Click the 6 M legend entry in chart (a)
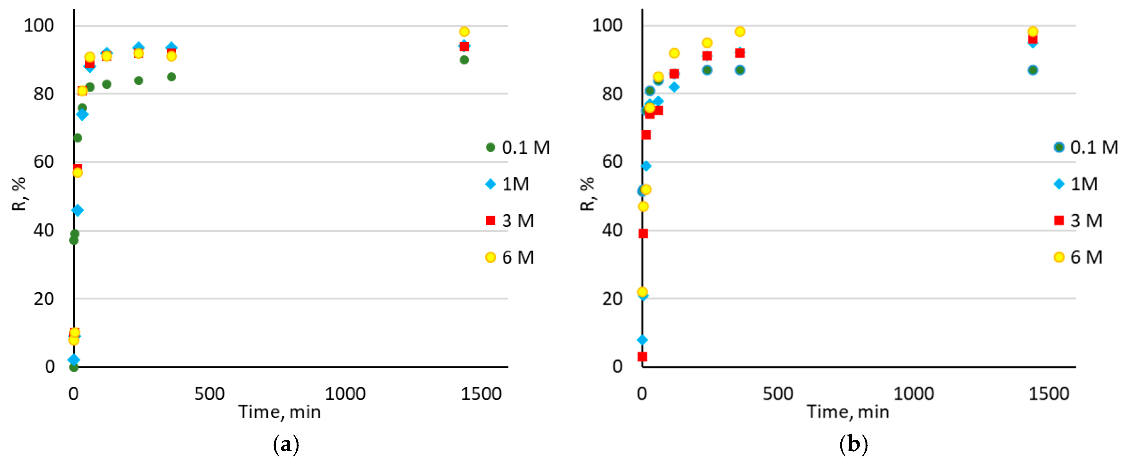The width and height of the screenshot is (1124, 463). click(x=510, y=257)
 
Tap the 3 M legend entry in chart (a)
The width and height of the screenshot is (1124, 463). click(x=510, y=221)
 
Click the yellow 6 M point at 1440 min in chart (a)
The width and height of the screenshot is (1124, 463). click(x=464, y=32)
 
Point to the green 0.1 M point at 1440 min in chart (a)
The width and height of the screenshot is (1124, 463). click(x=464, y=60)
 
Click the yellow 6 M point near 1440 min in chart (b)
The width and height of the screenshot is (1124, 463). click(x=1032, y=32)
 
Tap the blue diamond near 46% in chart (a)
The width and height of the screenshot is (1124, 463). click(x=78, y=211)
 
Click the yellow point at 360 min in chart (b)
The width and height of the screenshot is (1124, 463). click(x=740, y=32)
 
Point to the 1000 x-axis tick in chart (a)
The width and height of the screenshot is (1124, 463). click(x=345, y=394)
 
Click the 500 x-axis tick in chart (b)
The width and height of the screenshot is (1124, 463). click(x=778, y=394)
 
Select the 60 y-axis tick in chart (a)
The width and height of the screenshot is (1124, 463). click(x=43, y=162)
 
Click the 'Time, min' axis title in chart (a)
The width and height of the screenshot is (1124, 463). click(x=279, y=412)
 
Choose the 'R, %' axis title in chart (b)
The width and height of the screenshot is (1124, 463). click(x=587, y=194)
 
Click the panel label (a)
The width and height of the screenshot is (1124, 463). click(x=286, y=445)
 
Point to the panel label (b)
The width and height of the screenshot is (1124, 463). click(x=854, y=445)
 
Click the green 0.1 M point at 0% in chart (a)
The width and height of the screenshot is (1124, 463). click(x=74, y=367)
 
